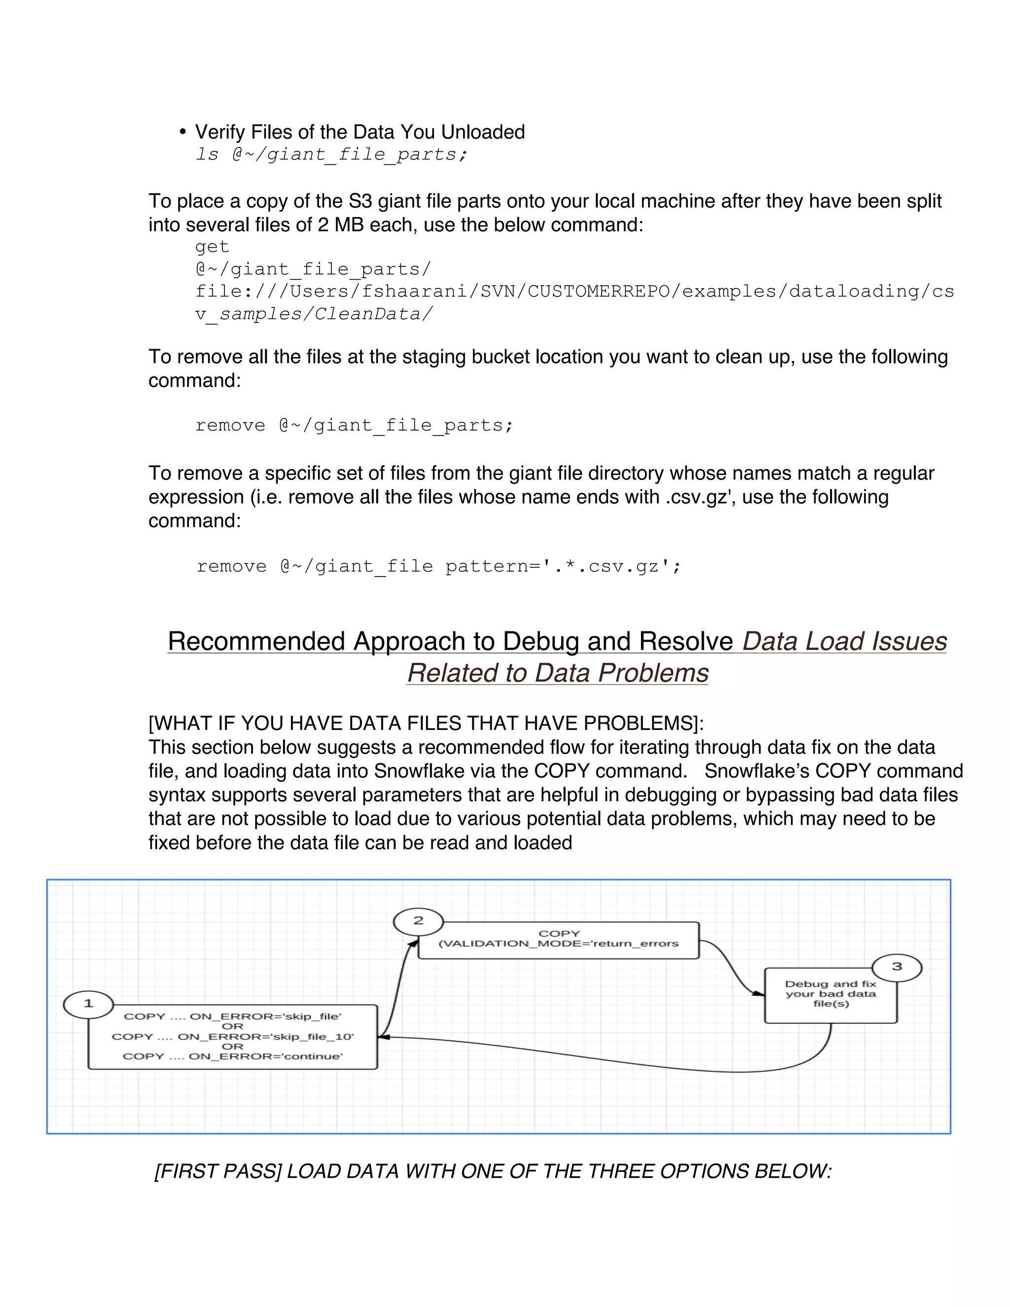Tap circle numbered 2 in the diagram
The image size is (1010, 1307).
pos(418,920)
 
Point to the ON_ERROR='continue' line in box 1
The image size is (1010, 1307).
pos(233,1056)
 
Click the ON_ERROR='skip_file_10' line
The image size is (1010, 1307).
pos(233,1037)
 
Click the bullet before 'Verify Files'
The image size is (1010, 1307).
pos(182,132)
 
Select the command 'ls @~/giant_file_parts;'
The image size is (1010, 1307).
pos(331,154)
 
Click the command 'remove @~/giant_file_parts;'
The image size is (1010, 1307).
pos(354,426)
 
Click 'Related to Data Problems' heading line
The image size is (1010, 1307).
pos(557,673)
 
